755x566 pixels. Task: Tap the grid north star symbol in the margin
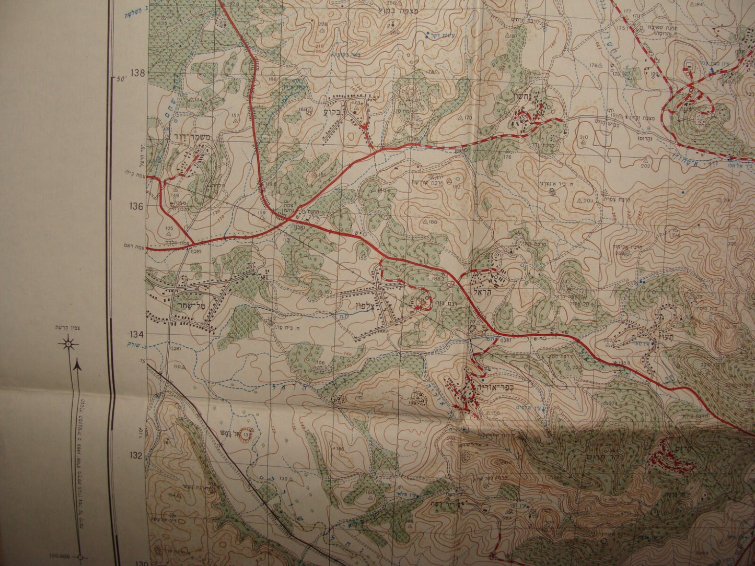(x=68, y=344)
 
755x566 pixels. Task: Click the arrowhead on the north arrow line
(x=77, y=367)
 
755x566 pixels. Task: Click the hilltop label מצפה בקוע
(x=393, y=9)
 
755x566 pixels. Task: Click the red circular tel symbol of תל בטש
(x=245, y=435)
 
